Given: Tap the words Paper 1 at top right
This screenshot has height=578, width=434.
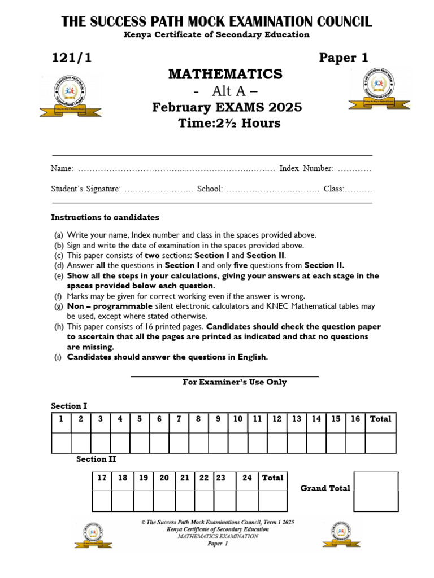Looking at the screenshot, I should [x=344, y=58].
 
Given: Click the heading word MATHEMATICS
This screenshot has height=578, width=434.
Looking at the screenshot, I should [x=225, y=74].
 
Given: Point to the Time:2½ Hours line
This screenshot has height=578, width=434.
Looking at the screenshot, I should [x=229, y=123].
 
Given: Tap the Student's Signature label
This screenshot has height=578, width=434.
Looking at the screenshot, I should [x=85, y=189].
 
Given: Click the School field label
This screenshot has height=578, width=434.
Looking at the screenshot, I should [x=210, y=189].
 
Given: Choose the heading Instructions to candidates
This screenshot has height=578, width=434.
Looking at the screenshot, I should [x=105, y=217].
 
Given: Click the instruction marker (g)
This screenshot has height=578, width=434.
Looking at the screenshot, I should [x=58, y=306].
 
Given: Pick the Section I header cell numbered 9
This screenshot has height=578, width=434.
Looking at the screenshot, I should [x=218, y=419].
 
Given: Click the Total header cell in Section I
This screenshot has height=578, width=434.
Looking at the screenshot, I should [x=380, y=419].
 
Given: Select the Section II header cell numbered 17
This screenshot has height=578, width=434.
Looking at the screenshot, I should [x=102, y=478].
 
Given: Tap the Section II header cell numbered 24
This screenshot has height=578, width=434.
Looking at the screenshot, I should [x=247, y=478].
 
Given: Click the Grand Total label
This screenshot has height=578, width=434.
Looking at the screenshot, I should [x=325, y=488].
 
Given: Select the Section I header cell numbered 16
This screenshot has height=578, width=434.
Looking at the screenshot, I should [x=355, y=419].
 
